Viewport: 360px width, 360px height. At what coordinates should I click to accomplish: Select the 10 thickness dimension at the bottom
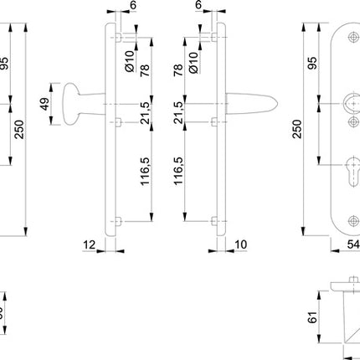(241, 244)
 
